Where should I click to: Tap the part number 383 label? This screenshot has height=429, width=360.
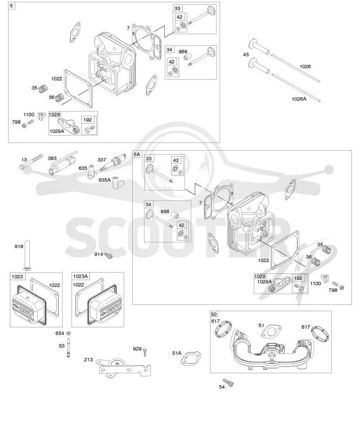(x=52, y=158)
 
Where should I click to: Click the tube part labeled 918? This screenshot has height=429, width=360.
(x=27, y=255)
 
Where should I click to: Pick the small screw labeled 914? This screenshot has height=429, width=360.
(x=108, y=256)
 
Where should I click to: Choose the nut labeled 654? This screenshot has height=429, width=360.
(x=69, y=333)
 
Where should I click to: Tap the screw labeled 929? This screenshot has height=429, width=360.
(x=145, y=352)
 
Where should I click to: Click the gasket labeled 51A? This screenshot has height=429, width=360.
(x=191, y=359)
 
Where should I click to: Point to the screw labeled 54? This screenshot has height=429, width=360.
(x=228, y=382)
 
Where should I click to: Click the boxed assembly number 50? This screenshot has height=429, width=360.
(x=214, y=314)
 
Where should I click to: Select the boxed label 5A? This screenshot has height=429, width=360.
(x=137, y=154)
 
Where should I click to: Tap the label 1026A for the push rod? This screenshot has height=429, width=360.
(x=299, y=99)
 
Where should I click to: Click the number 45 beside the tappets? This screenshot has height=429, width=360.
(x=246, y=55)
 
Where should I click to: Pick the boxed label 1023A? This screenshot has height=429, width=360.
(x=80, y=276)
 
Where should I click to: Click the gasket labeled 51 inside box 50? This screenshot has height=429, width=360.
(x=271, y=332)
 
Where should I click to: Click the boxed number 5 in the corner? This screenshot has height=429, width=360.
(x=11, y=5)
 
